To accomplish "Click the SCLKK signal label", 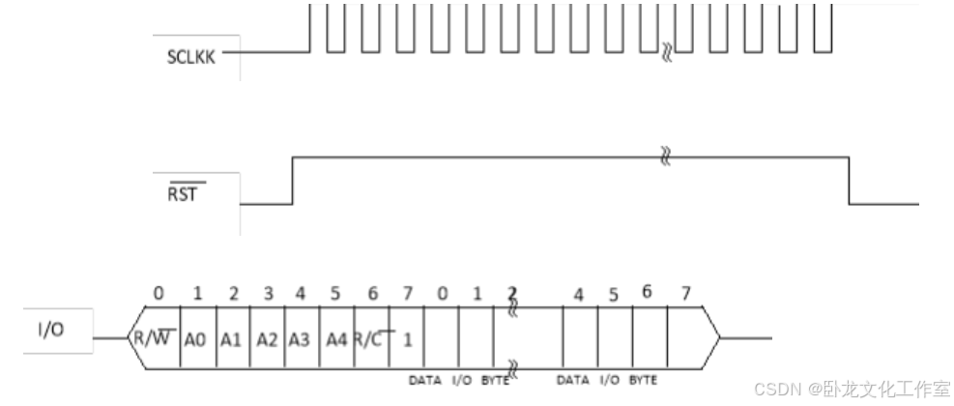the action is tap(190, 56).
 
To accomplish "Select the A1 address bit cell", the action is tap(232, 339).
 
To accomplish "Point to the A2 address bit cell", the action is tap(267, 339).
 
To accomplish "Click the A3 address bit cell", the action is tap(301, 339).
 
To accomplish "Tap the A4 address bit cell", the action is tap(336, 339).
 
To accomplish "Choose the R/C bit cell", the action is tap(371, 339).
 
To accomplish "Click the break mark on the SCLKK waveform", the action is tap(665, 49).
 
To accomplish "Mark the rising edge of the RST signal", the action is tap(293, 180).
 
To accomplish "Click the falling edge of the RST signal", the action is tap(849, 180).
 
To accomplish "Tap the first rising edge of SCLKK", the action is tap(309, 27).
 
